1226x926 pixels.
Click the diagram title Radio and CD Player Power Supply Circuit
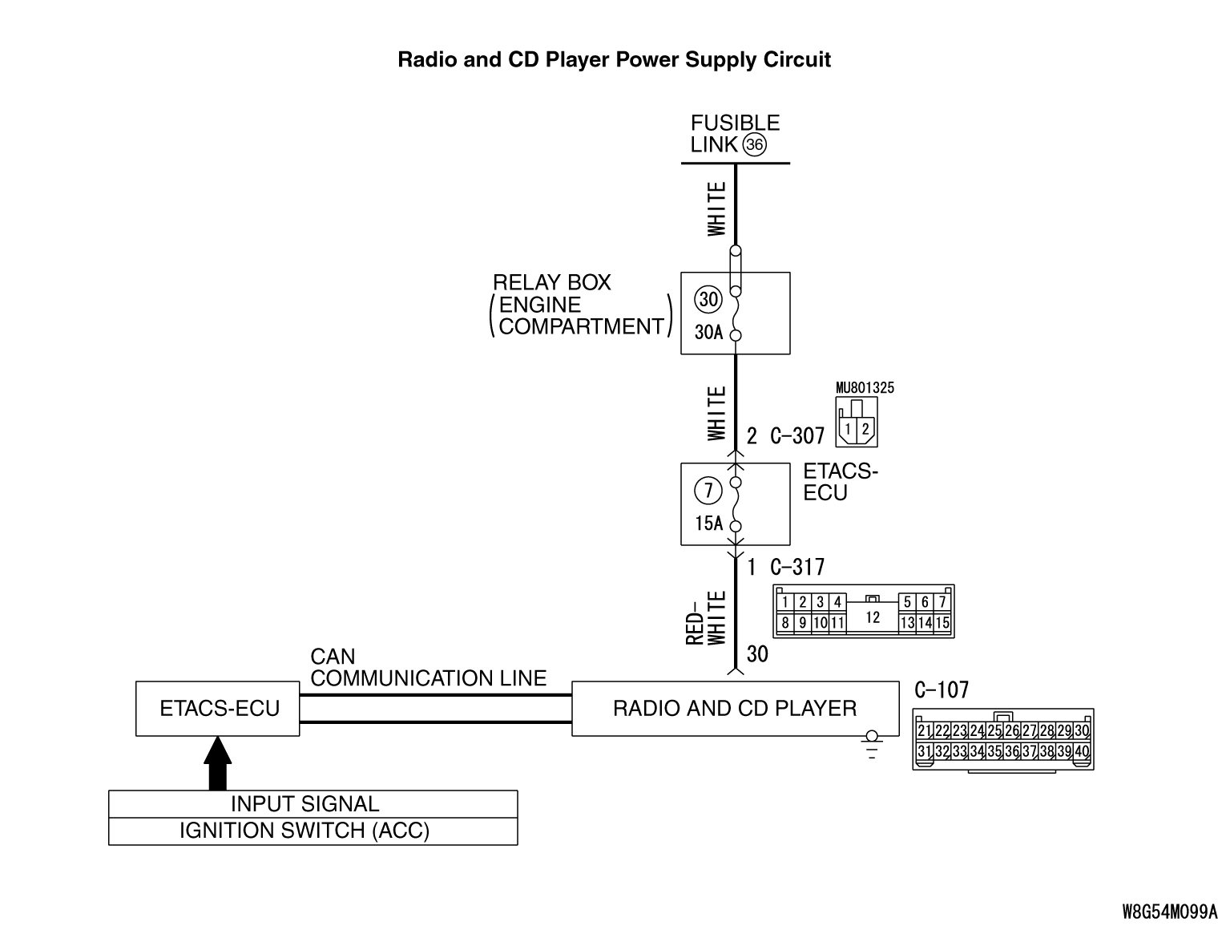(x=614, y=60)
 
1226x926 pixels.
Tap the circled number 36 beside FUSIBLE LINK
(x=754, y=145)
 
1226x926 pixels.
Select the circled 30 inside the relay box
(x=708, y=300)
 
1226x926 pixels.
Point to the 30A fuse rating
(x=708, y=332)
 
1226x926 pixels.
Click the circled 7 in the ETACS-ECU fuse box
(x=708, y=490)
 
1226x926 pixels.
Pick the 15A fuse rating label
(x=708, y=524)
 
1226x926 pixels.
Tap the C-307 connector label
(x=796, y=436)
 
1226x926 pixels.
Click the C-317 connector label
(x=796, y=568)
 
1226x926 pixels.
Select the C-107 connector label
(x=942, y=690)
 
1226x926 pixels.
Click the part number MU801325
(x=865, y=388)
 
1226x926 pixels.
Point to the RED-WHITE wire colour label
(x=706, y=617)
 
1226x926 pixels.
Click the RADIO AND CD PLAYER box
(x=734, y=709)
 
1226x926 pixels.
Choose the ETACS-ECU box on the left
(x=218, y=709)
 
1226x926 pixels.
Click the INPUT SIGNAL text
(x=304, y=804)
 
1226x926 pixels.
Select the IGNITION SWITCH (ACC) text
(x=304, y=831)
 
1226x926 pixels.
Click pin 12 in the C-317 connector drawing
(x=873, y=617)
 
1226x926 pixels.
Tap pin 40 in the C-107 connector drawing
(x=1082, y=751)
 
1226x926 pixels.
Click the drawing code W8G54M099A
(x=1169, y=912)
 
